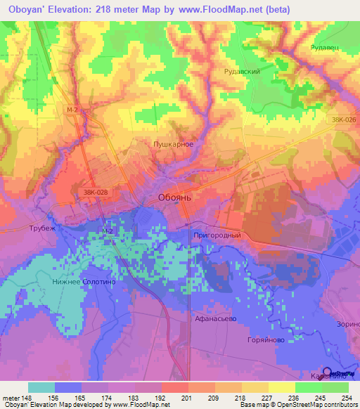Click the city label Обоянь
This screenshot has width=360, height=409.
tap(175, 197)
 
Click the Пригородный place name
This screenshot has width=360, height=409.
tap(217, 235)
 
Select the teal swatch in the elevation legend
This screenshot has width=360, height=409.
tap(41, 387)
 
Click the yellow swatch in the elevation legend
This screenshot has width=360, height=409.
tap(282, 387)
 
